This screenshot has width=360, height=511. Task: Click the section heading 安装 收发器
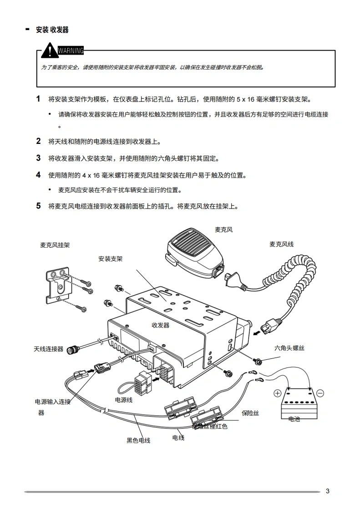coord(52,30)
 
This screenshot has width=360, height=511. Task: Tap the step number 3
coord(39,158)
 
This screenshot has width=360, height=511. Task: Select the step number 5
coord(39,206)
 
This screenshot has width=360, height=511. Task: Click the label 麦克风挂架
coord(55,245)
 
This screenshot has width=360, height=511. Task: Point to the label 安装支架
coord(110,259)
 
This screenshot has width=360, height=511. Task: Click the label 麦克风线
coord(281,244)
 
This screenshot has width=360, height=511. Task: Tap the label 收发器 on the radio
coord(160,325)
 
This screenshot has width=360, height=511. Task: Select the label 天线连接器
coord(48,349)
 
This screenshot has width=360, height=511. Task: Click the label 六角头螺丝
coord(289,348)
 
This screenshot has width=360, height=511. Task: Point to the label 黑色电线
coord(138,440)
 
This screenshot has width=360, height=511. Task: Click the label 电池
coord(294,419)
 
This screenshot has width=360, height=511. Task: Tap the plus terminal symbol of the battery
coord(277,393)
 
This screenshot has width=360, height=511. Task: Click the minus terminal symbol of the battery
coord(320,393)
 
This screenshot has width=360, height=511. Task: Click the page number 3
coord(327,491)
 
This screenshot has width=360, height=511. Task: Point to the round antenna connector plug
coord(72,350)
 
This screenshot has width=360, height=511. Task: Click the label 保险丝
coord(250,413)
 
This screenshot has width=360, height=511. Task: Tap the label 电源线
coord(124,400)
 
